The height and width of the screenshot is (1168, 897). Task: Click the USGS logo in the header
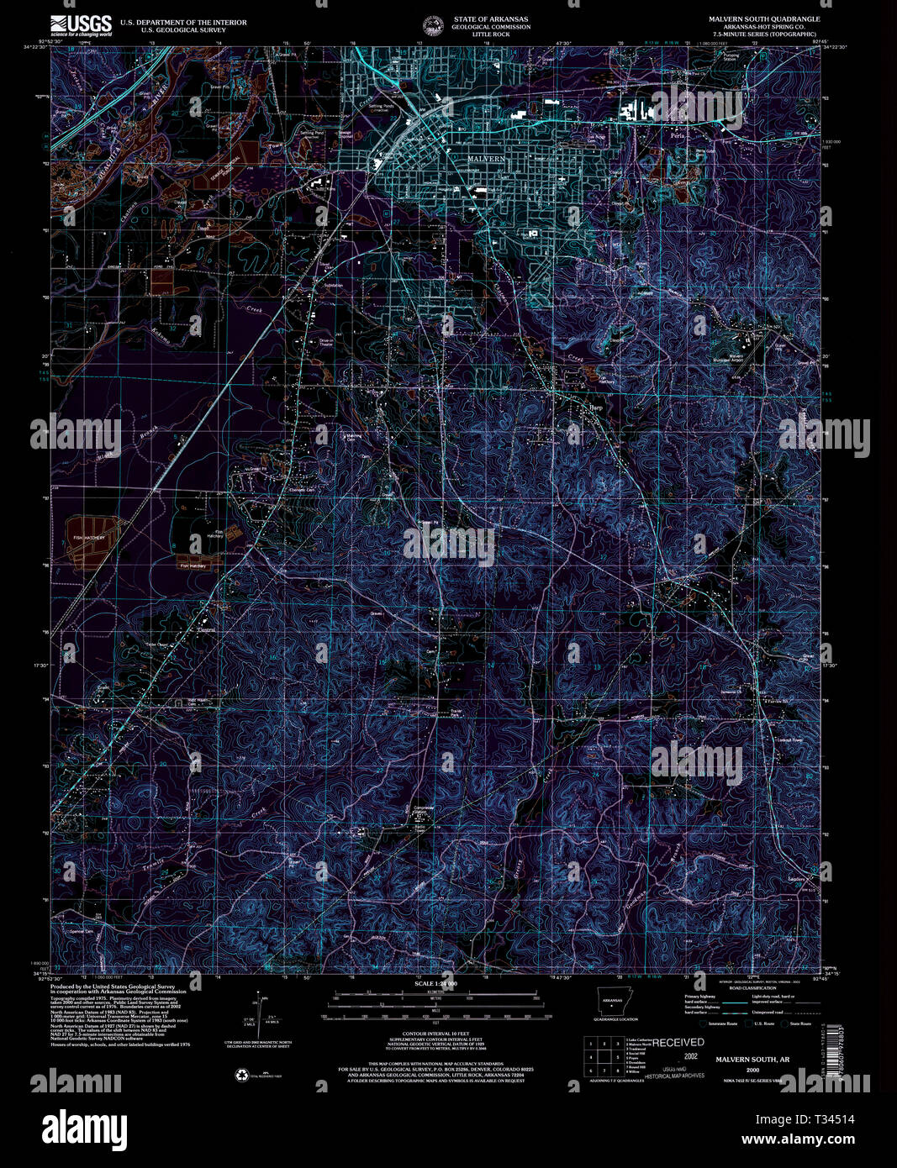click(x=81, y=24)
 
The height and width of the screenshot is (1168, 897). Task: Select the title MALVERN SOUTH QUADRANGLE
click(x=763, y=18)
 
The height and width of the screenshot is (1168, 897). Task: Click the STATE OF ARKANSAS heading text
click(x=491, y=18)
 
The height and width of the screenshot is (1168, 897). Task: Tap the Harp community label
click(x=595, y=408)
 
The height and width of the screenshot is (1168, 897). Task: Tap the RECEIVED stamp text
click(x=678, y=1042)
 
